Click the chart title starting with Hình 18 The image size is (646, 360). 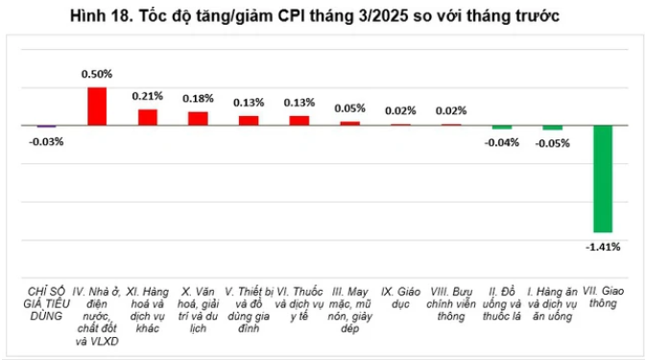[323, 17]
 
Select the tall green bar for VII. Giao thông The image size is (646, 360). [602, 179]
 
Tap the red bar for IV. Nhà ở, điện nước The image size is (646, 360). [97, 106]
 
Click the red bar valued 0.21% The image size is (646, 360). [148, 117]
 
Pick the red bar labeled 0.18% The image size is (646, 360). [199, 118]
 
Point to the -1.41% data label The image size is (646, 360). [603, 247]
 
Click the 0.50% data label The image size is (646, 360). [97, 73]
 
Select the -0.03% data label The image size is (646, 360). [46, 142]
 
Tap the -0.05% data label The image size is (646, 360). [552, 143]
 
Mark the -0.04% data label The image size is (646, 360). [501, 142]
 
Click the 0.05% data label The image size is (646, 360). [350, 108]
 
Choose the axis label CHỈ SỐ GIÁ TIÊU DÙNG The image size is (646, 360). [45, 301]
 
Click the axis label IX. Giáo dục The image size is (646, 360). [400, 296]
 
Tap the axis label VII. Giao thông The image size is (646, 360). [602, 296]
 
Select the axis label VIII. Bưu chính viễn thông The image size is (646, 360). [450, 301]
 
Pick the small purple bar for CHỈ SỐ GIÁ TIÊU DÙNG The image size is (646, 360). [46, 127]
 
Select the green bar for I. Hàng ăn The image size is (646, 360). [552, 128]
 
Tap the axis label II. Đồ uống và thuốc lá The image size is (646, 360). [500, 301]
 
